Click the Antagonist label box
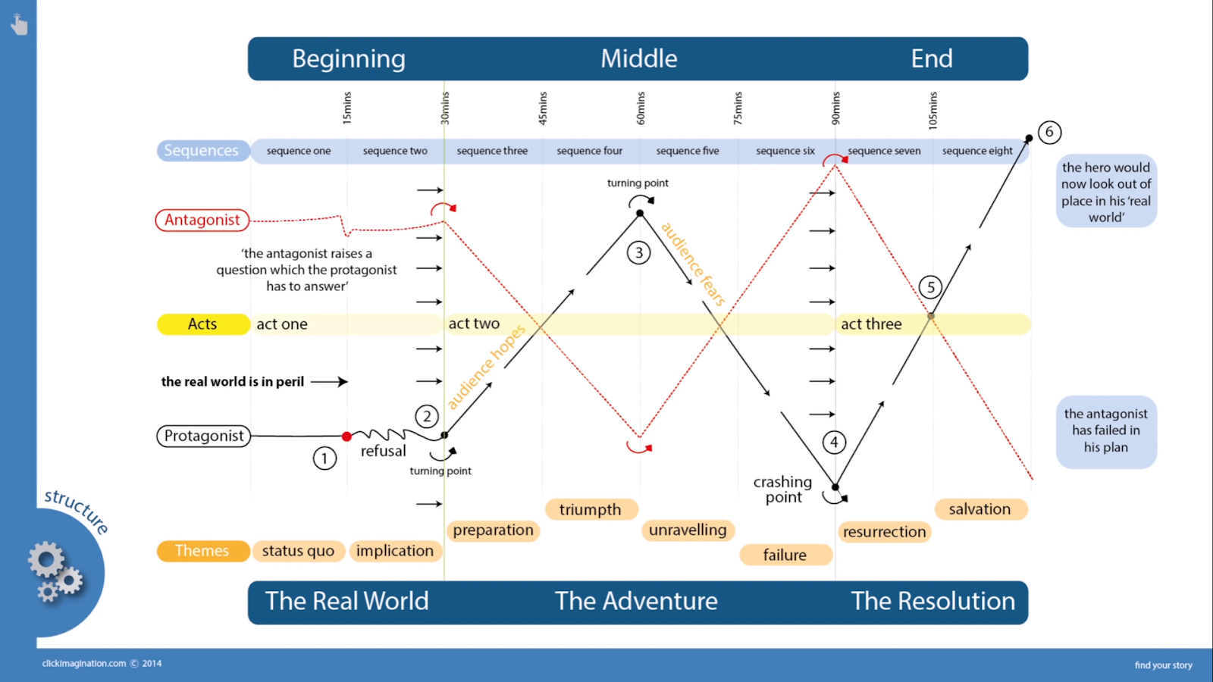click(x=202, y=220)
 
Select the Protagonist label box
click(x=204, y=436)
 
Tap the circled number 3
click(x=639, y=252)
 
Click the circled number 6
click(x=1049, y=132)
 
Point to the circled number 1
click(x=324, y=458)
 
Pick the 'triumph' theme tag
click(x=591, y=509)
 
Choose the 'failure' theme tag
click(x=785, y=555)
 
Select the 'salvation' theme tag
click(x=979, y=509)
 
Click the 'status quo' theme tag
click(x=298, y=551)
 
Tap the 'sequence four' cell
click(x=590, y=151)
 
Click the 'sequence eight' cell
click(x=977, y=151)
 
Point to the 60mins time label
click(x=641, y=108)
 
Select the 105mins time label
click(x=933, y=109)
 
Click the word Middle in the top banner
click(x=639, y=58)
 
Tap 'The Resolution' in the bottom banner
click(x=932, y=601)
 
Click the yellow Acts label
click(x=202, y=324)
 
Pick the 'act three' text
click(x=871, y=324)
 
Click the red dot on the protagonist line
click(x=346, y=436)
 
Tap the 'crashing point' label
click(x=783, y=490)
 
